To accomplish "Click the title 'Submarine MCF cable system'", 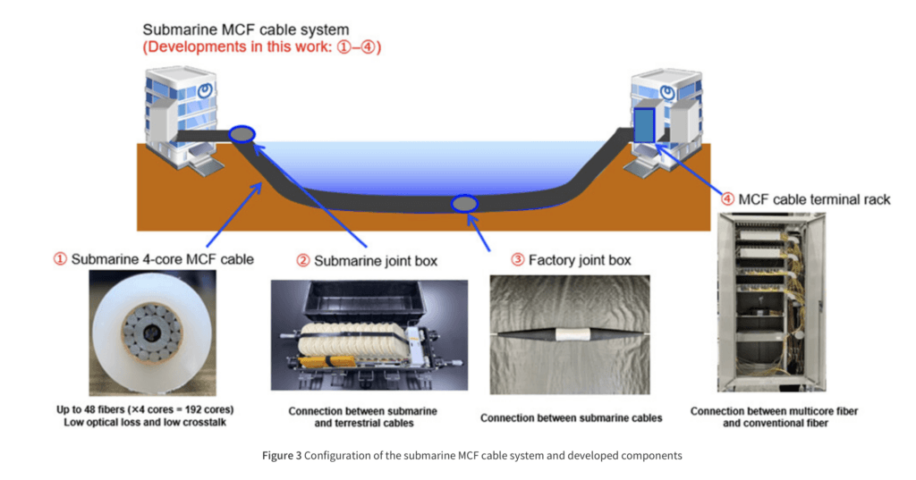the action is tap(245, 29).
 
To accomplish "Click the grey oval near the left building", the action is tap(242, 134).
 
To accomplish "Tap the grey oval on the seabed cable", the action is tap(464, 204).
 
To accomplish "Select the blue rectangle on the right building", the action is tap(644, 125).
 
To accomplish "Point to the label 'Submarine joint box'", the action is tap(376, 261).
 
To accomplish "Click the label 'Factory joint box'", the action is tap(580, 260).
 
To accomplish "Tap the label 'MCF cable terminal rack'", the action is tap(814, 199).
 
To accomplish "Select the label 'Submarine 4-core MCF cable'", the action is tap(163, 259).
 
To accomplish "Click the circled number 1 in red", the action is tap(60, 258).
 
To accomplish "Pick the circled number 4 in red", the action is tap(727, 199).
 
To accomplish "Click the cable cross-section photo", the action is tap(152, 333).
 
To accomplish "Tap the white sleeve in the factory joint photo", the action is tap(572, 334).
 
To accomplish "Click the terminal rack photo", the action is tap(772, 302).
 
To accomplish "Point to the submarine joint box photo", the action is tap(369, 335).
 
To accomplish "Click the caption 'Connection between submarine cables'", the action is tap(571, 418).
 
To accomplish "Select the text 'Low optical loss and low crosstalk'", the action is tap(145, 422).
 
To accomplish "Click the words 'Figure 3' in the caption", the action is tap(282, 456).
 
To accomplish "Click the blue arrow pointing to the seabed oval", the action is tap(479, 232).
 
